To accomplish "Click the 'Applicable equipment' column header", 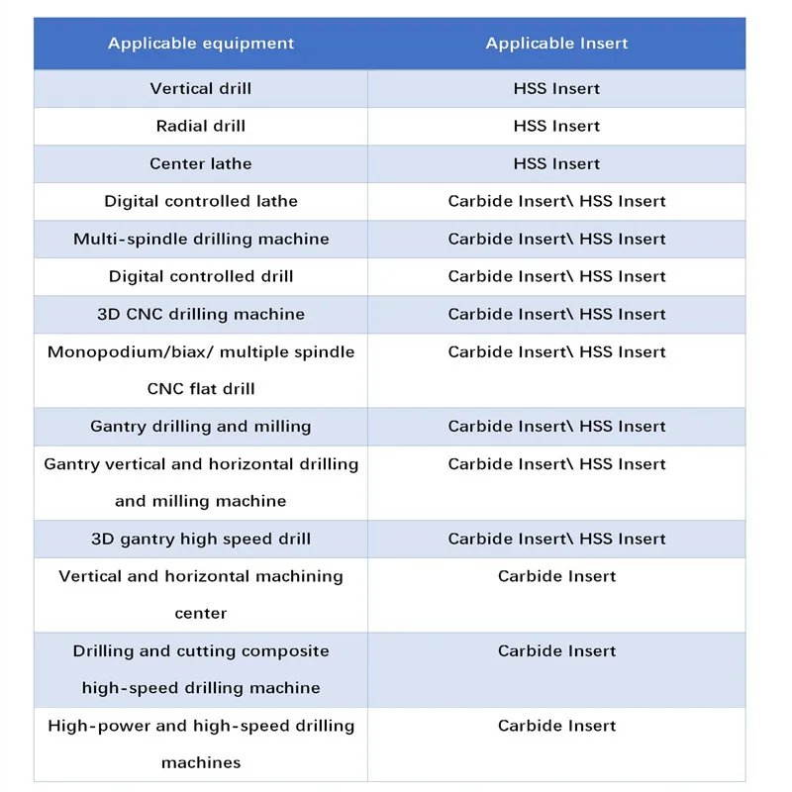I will (x=201, y=44).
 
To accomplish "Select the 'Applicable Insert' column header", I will (x=556, y=44).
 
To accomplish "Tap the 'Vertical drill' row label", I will (x=201, y=89).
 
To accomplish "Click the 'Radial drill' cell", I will (x=201, y=126).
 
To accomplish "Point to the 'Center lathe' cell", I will (x=201, y=163).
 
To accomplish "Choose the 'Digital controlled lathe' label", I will (x=201, y=201).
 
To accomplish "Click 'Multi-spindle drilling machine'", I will (x=201, y=239).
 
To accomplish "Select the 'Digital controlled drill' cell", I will (x=201, y=276).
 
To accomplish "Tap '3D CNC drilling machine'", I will (x=201, y=314).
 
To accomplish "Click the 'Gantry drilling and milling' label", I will (x=201, y=427).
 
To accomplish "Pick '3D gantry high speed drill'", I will (x=201, y=540).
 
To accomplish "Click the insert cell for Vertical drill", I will (x=556, y=89).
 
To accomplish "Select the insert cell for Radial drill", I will (x=556, y=126).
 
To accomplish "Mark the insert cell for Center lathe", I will (x=556, y=163).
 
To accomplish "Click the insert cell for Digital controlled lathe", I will (x=556, y=201).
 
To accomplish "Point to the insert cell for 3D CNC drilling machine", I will (x=556, y=314).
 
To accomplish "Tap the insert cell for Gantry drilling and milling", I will (x=556, y=427).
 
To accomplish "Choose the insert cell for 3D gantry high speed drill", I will (x=556, y=540).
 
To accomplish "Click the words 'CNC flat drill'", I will (x=201, y=389).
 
